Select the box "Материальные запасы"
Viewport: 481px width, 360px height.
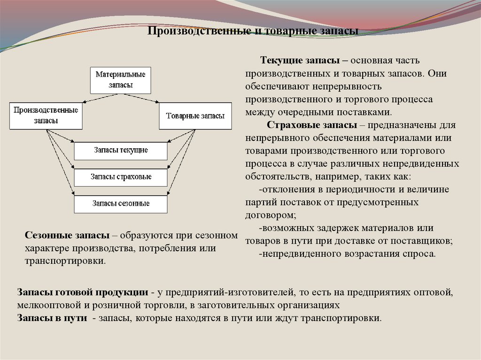pyautogui.click(x=120, y=80)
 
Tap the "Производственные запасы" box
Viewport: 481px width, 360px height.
pyautogui.click(x=46, y=115)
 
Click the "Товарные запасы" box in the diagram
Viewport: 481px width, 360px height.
pyautogui.click(x=195, y=115)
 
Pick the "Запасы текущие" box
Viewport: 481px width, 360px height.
pyautogui.click(x=120, y=151)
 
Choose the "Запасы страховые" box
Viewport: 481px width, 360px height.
pyautogui.click(x=120, y=177)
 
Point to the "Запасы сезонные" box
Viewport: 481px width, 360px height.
pyautogui.click(x=120, y=204)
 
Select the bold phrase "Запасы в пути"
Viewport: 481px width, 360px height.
pyautogui.click(x=52, y=318)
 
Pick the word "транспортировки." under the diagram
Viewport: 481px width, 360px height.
pyautogui.click(x=65, y=260)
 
